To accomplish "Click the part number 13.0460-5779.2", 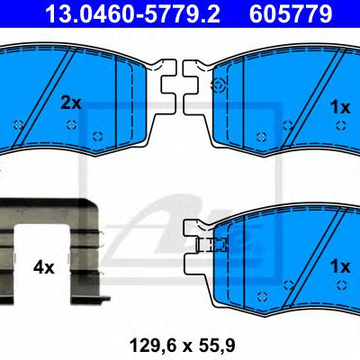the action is pyautogui.click(x=132, y=14).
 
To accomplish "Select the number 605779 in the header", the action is pyautogui.click(x=291, y=14).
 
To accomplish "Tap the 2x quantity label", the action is pyautogui.click(x=71, y=103).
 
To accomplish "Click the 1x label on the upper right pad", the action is pyautogui.click(x=340, y=107).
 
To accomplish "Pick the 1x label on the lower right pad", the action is pyautogui.click(x=340, y=266).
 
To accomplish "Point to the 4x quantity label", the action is pyautogui.click(x=44, y=267).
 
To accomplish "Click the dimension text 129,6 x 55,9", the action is pyautogui.click(x=182, y=346).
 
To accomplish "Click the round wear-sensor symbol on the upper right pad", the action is pyautogui.click(x=218, y=85).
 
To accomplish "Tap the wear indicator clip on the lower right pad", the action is pyautogui.click(x=211, y=245).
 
